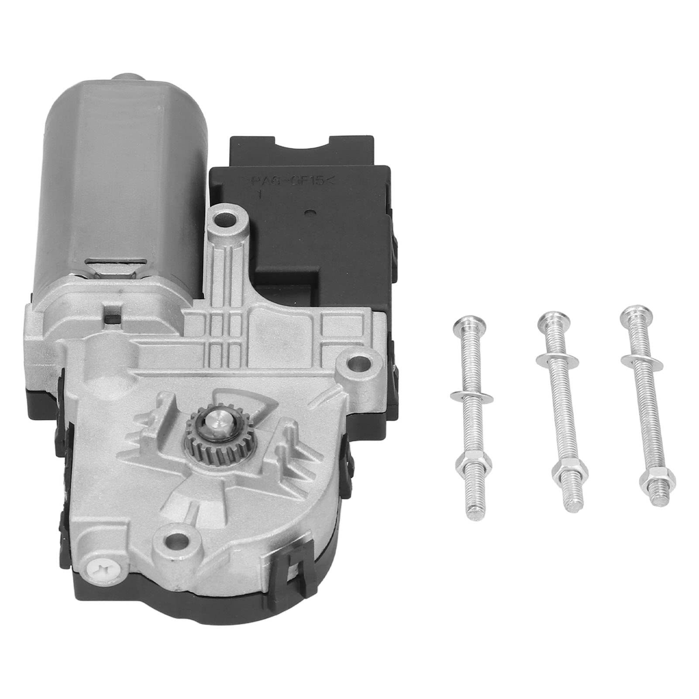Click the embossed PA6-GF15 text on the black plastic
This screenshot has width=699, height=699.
tap(287, 181)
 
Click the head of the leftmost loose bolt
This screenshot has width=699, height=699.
tap(464, 326)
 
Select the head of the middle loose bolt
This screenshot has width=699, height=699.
tap(549, 318)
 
